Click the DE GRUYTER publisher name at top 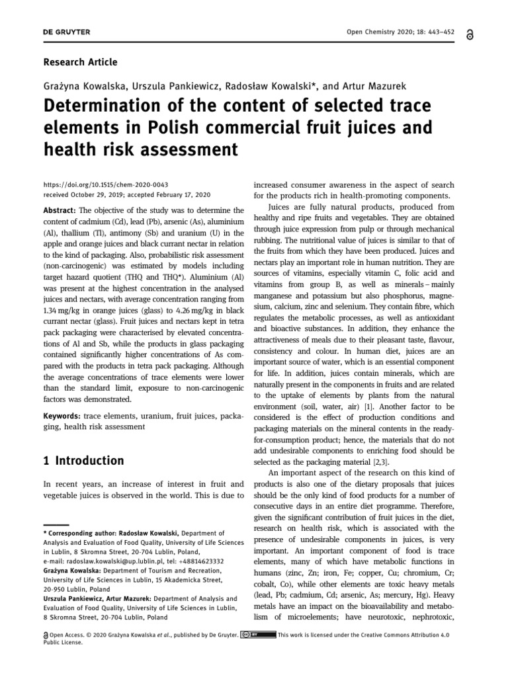(x=67, y=32)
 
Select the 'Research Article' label (x=80, y=62)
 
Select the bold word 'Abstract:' (x=60, y=210)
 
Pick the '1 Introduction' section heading (x=83, y=460)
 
